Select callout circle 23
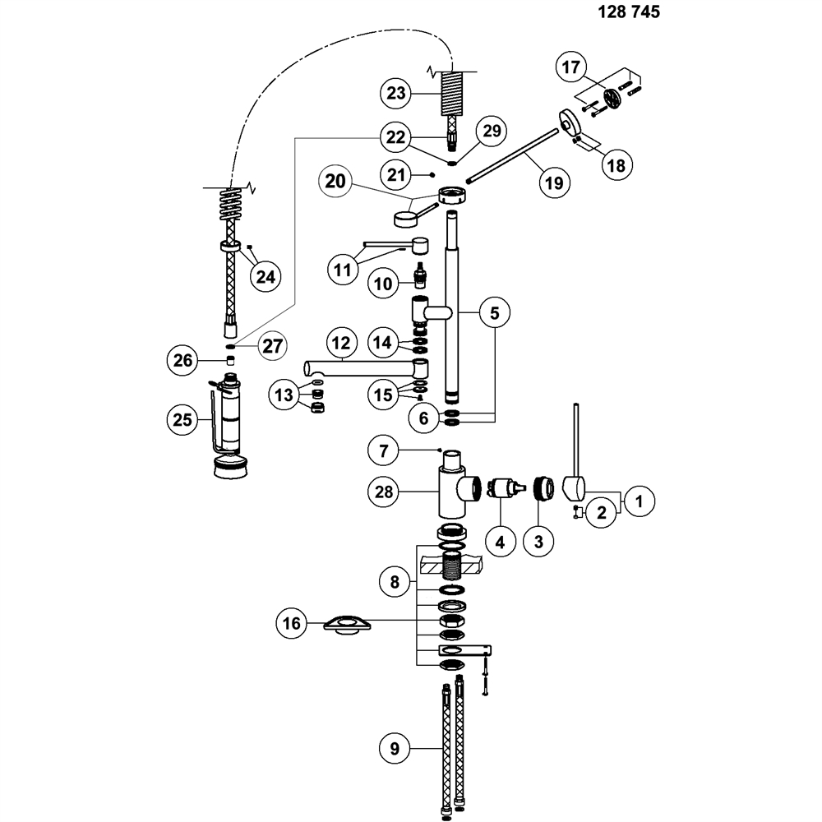tap(397, 93)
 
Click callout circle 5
tap(495, 312)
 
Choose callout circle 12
tap(340, 340)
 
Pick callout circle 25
tap(182, 419)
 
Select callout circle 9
tap(395, 748)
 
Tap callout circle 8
tap(395, 582)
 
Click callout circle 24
tap(265, 276)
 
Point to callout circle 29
tap(492, 132)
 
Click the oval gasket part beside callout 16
tap(343, 625)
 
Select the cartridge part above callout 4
tap(503, 488)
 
